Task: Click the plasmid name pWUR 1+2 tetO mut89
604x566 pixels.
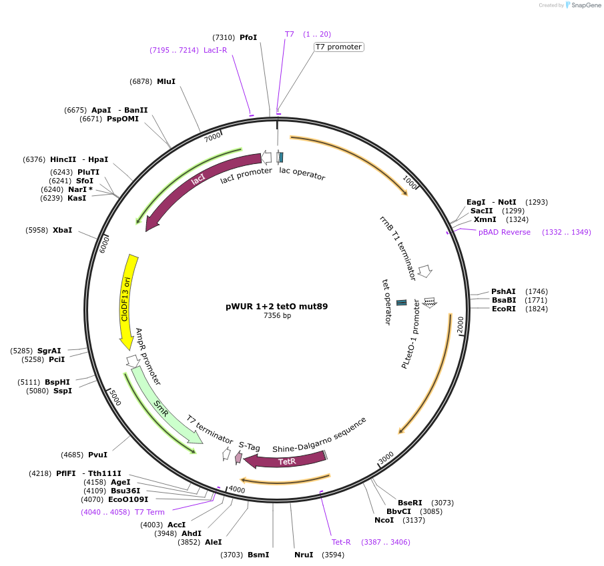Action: pos(276,307)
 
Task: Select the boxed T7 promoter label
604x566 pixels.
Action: pos(339,47)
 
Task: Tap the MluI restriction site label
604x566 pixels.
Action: pos(166,81)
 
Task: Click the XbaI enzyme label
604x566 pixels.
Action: pos(62,230)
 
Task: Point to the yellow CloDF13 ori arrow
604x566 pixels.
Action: pos(127,300)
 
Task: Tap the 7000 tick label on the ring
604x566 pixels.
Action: pos(212,137)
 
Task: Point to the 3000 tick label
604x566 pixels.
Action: pos(386,458)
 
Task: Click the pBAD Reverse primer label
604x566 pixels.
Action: pos(505,232)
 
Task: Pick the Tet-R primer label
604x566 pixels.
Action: pos(341,542)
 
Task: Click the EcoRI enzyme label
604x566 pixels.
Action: pos(504,309)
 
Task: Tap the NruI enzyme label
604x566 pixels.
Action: pos(304,555)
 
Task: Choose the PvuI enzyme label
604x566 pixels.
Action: pos(97,455)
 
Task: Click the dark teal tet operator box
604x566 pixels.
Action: pos(402,303)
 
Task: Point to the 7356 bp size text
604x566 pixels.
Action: pos(277,316)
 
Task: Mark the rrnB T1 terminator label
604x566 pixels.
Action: pos(398,247)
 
